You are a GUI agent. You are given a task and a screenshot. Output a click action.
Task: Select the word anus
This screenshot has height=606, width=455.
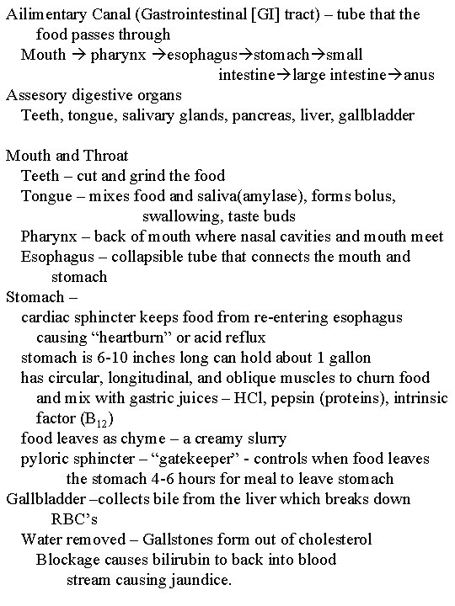pyautogui.click(x=419, y=75)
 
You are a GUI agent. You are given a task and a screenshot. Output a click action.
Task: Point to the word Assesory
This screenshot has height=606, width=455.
pyautogui.click(x=38, y=95)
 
